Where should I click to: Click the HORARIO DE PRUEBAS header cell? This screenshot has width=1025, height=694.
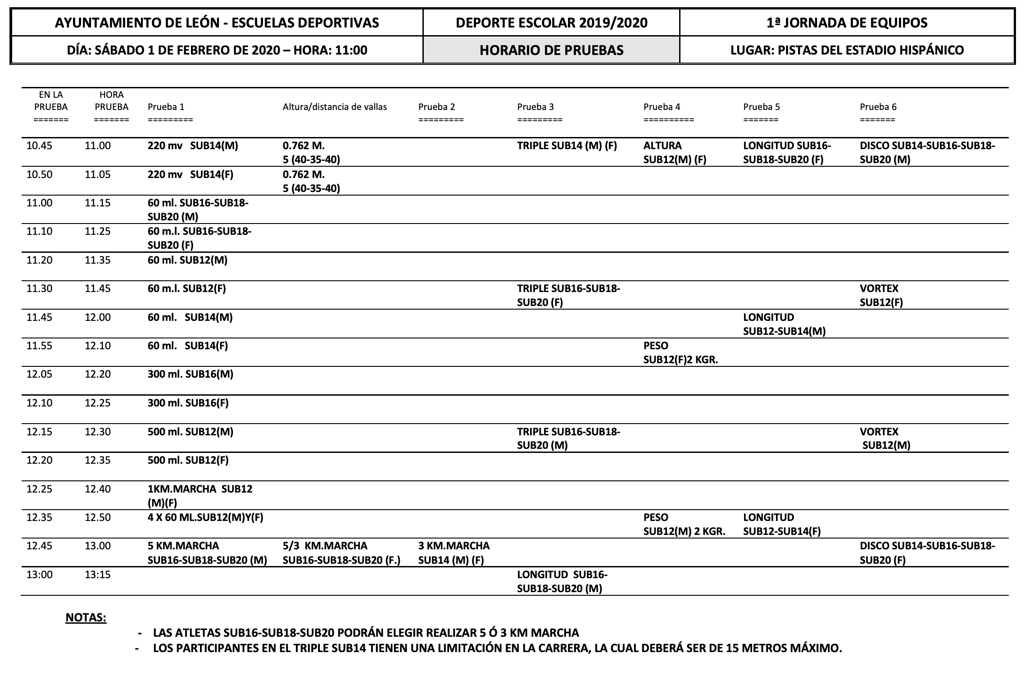click(x=551, y=50)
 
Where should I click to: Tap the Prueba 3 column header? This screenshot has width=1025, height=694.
click(x=535, y=107)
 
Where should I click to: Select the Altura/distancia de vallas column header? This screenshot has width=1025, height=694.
click(x=335, y=107)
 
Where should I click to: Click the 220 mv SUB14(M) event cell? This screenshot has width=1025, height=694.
click(x=193, y=146)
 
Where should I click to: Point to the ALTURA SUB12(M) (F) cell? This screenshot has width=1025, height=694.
click(x=675, y=152)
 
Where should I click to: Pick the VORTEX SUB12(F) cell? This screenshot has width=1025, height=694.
click(x=881, y=295)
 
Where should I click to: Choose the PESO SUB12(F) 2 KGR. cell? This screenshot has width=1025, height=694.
click(x=680, y=352)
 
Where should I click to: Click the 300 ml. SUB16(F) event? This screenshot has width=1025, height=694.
click(x=188, y=403)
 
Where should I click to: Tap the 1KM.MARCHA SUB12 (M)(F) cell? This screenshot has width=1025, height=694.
click(x=200, y=495)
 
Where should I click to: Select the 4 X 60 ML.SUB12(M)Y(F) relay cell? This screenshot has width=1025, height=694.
click(x=205, y=517)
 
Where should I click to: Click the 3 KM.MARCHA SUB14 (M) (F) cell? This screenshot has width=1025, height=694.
click(x=454, y=552)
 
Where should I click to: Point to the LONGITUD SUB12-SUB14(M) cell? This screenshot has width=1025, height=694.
click(x=784, y=324)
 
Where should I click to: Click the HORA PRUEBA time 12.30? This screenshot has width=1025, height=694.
click(x=98, y=432)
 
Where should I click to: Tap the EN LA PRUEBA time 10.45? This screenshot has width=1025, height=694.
click(x=39, y=146)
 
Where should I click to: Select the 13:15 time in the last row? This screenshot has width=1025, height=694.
click(x=98, y=575)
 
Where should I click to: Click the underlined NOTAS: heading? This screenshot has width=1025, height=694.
click(x=86, y=617)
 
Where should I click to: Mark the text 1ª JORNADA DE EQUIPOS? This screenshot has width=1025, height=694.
click(x=847, y=23)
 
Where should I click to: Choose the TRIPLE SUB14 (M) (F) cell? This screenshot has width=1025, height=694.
click(x=567, y=146)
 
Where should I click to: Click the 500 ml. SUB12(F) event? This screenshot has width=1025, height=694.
click(x=188, y=460)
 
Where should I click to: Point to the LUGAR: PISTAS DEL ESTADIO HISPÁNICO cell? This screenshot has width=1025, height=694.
click(x=847, y=50)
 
